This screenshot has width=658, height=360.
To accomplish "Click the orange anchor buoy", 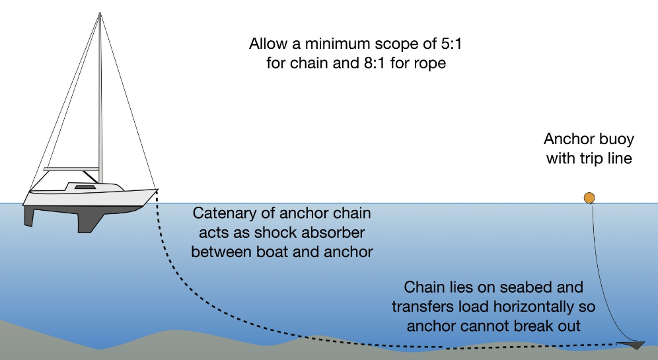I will tap(589, 198).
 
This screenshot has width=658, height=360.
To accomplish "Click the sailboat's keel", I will tap(86, 221).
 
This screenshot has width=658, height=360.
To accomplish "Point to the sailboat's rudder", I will tap(31, 215).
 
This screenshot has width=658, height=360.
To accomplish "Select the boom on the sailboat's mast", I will tap(71, 169).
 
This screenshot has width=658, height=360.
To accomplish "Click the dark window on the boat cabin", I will tap(84, 188).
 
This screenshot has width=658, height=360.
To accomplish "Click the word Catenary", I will tap(221, 214).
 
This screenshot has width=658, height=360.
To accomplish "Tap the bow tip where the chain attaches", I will tap(157, 190).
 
